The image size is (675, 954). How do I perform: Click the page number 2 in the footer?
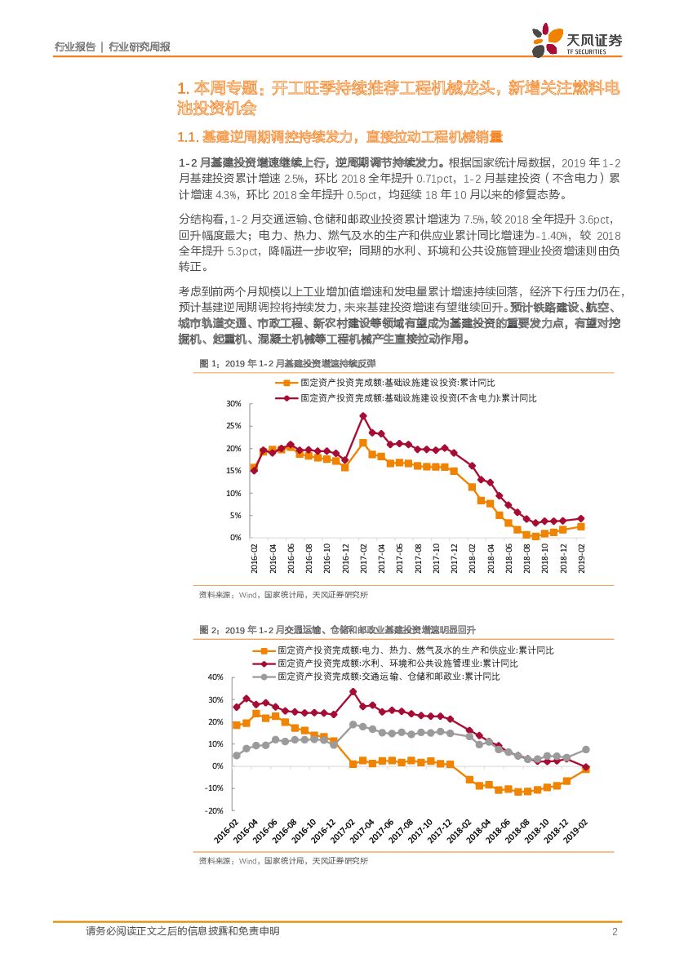612,931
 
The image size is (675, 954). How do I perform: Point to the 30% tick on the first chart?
233,404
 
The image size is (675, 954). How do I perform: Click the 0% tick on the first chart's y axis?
234,538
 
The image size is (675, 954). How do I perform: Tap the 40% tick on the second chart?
215,677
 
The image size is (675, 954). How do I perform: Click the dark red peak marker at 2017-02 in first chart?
363,415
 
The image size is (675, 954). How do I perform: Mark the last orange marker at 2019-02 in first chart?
581,526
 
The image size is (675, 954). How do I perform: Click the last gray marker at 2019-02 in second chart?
586,749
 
